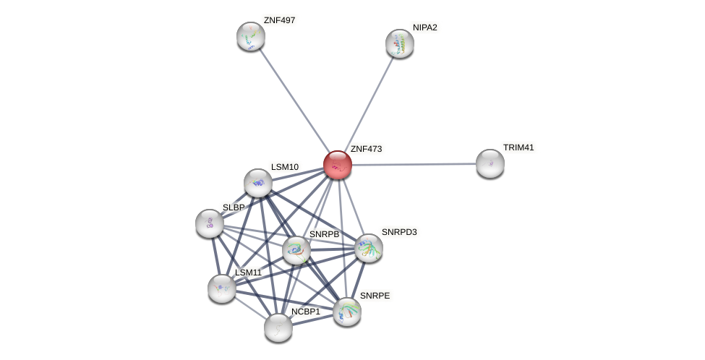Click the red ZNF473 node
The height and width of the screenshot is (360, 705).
338,165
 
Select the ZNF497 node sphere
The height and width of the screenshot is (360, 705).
251,36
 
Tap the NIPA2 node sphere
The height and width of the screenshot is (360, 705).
400,43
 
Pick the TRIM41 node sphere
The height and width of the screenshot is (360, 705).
490,164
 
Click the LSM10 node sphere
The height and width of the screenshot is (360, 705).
258,183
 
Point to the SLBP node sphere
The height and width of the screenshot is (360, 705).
210,223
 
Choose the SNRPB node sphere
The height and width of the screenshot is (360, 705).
296,250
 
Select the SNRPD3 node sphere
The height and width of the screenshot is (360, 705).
369,248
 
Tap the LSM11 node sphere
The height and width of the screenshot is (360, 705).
222,288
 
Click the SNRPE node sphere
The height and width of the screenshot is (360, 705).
347,312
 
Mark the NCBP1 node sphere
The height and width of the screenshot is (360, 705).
278,327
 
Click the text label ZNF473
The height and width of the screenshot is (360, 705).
367,149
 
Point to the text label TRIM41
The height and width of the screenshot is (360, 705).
518,148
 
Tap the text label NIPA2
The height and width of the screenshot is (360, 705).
425,27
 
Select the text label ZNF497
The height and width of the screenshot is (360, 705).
280,21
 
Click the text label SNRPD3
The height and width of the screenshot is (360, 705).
399,232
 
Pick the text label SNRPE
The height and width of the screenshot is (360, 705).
375,296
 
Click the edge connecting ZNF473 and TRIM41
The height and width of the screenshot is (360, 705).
414,165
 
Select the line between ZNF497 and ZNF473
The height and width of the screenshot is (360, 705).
294,100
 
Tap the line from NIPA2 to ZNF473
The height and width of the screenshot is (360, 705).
369,104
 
